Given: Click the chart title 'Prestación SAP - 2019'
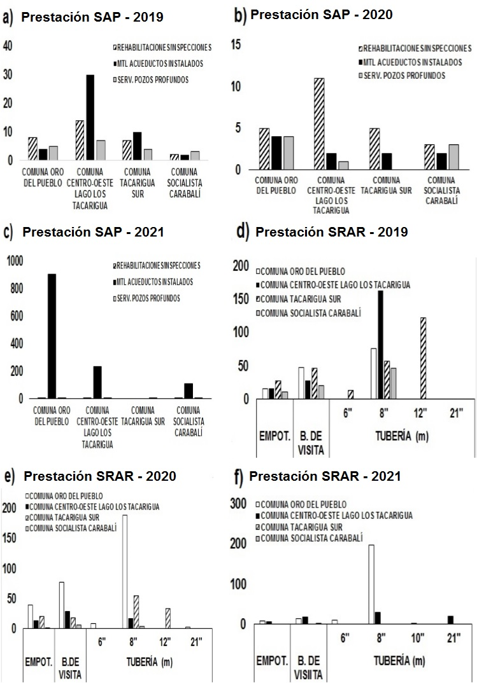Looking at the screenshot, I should (92, 17).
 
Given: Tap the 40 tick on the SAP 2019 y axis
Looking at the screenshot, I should (8, 45).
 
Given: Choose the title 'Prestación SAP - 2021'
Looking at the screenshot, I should (93, 233).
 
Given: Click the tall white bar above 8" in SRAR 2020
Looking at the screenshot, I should (125, 572).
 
